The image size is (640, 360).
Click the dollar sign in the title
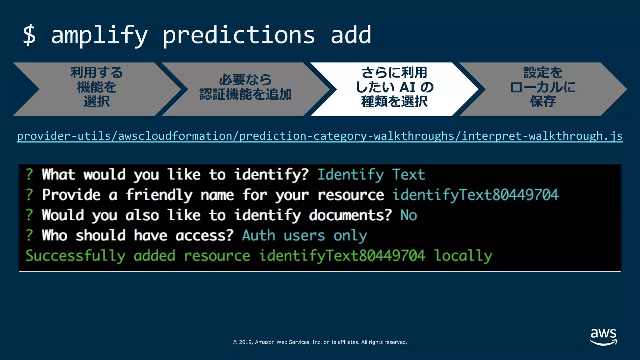point(29,35)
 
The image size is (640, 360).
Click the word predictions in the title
point(239,35)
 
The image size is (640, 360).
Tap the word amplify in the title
point(99,35)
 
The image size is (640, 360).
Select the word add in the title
point(351,35)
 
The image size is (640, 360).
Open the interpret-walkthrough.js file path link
point(320,136)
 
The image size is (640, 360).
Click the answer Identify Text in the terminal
point(371,174)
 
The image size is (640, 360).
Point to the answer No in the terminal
point(409,215)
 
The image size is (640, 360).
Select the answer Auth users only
point(304,235)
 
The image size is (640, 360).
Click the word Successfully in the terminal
point(75,256)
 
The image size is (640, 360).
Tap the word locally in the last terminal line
point(463,256)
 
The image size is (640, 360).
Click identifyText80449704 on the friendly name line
point(475,195)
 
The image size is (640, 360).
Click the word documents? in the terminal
point(350,215)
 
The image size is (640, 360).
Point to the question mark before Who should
point(29,235)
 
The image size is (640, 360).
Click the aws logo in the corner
point(603,337)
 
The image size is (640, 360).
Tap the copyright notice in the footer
point(320,342)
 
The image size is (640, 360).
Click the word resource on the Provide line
point(351,195)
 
